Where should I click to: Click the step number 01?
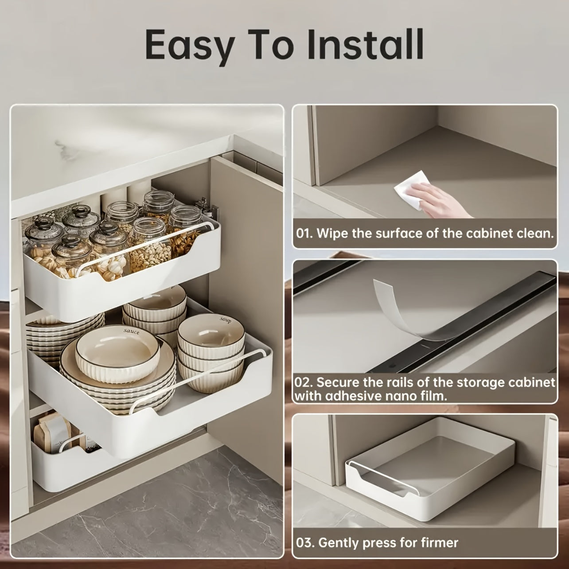(x=304, y=233)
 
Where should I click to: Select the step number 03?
(x=304, y=542)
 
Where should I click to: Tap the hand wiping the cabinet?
(x=443, y=199)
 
